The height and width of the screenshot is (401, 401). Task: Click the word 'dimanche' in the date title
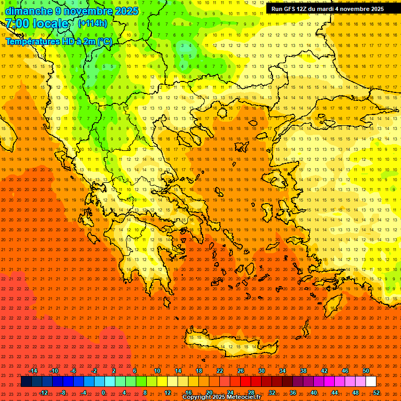point(28,11)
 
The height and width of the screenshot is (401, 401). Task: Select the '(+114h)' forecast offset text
point(92,23)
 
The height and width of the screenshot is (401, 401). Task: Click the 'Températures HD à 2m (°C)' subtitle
point(59,41)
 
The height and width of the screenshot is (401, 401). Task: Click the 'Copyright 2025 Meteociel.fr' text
point(222,397)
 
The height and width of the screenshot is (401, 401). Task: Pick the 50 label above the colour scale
point(366,371)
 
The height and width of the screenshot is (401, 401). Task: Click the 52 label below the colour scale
point(376,393)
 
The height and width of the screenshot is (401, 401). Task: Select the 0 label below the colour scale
point(103,393)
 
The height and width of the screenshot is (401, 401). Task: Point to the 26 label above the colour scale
point(240,371)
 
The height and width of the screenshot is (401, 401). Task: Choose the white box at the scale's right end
point(371,382)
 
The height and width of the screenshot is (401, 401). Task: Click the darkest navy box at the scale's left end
point(26,382)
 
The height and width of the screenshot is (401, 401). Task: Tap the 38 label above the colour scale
point(303,371)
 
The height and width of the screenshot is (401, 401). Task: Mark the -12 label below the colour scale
point(43,393)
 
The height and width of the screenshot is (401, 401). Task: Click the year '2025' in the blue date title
point(127,11)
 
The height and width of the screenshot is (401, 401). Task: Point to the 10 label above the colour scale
point(157,371)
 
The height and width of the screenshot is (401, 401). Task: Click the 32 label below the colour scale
point(272,393)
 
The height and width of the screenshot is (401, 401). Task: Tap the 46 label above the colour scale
point(345,371)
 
